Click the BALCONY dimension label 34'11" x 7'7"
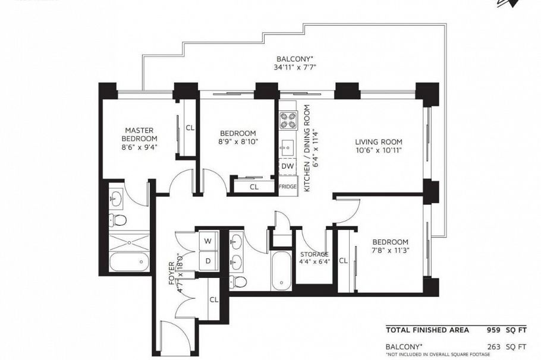click(x=295, y=67)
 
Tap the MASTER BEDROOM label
click(x=139, y=134)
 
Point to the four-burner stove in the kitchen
click(x=288, y=121)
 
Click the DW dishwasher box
click(x=288, y=166)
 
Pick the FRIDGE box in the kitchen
click(x=288, y=187)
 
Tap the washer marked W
click(x=208, y=241)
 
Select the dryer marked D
click(x=208, y=261)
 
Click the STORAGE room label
click(x=314, y=254)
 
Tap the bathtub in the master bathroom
click(x=130, y=261)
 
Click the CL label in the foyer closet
click(x=213, y=299)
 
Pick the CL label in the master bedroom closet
click(x=190, y=127)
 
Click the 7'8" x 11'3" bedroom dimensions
click(x=390, y=251)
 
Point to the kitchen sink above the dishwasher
click(x=288, y=146)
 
